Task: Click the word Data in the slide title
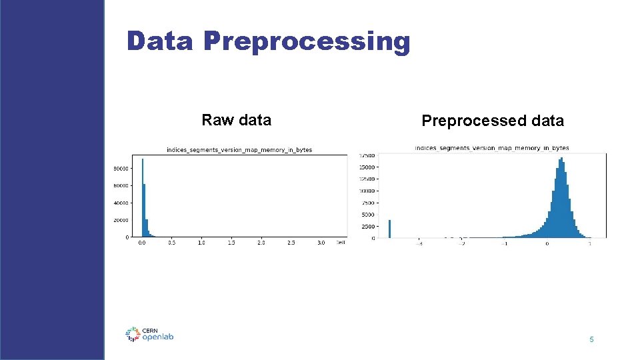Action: pyautogui.click(x=159, y=41)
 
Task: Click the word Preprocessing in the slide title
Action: pyautogui.click(x=307, y=42)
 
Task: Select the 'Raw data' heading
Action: pyautogui.click(x=236, y=120)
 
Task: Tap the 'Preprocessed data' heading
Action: pyautogui.click(x=493, y=121)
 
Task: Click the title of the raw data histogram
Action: pyautogui.click(x=239, y=150)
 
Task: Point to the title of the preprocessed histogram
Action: pyautogui.click(x=492, y=147)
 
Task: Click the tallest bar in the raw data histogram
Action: pyautogui.click(x=143, y=197)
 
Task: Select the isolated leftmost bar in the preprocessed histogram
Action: pyautogui.click(x=389, y=229)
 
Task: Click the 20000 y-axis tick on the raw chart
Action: pyautogui.click(x=120, y=220)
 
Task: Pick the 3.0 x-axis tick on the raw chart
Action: pyautogui.click(x=321, y=243)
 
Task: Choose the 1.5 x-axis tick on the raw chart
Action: pyautogui.click(x=231, y=243)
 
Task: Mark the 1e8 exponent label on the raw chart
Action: pyautogui.click(x=341, y=243)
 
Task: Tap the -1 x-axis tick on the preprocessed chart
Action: pyautogui.click(x=505, y=243)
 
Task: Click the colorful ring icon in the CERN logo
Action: pyautogui.click(x=133, y=334)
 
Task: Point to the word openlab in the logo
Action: pyautogui.click(x=158, y=337)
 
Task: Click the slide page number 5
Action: pyautogui.click(x=591, y=340)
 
